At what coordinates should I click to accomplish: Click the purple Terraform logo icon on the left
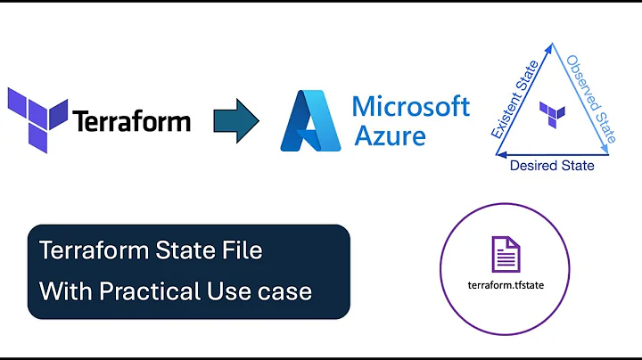37,120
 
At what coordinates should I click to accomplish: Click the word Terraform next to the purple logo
131,120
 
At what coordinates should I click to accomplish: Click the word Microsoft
410,107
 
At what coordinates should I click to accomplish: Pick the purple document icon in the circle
506,255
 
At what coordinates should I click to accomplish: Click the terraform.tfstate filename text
506,285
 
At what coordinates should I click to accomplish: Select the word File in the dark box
241,250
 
